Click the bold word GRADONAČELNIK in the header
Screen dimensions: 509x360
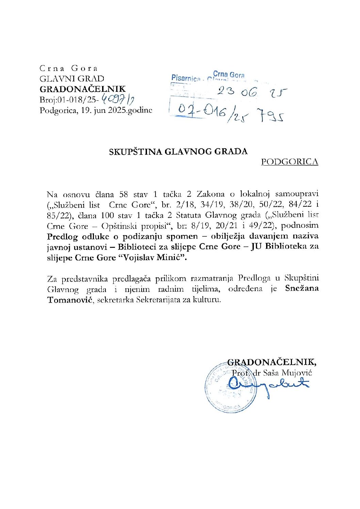pos(83,89)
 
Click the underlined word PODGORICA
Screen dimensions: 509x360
pos(290,162)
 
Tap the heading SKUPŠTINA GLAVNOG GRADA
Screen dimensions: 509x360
pos(178,152)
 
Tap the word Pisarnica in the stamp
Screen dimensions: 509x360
pos(186,78)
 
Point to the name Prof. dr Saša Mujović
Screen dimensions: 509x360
pos(272,373)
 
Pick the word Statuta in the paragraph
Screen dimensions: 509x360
pos(189,215)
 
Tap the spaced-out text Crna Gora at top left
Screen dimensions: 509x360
pos(69,68)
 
